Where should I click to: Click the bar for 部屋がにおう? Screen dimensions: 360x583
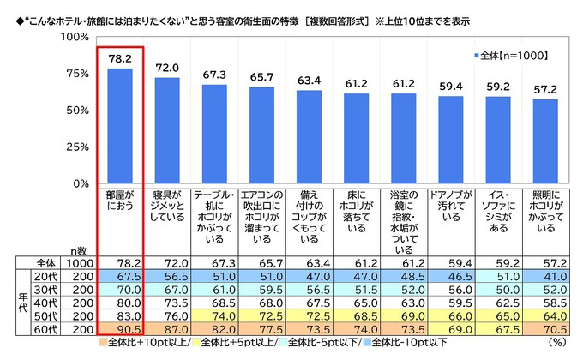coord(119,126)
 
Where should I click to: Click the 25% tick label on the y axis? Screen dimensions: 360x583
coord(75,147)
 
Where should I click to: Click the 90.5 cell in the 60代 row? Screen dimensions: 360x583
coord(119,329)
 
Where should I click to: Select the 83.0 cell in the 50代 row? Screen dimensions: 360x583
coord(119,316)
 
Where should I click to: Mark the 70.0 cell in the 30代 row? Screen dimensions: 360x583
coord(119,290)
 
